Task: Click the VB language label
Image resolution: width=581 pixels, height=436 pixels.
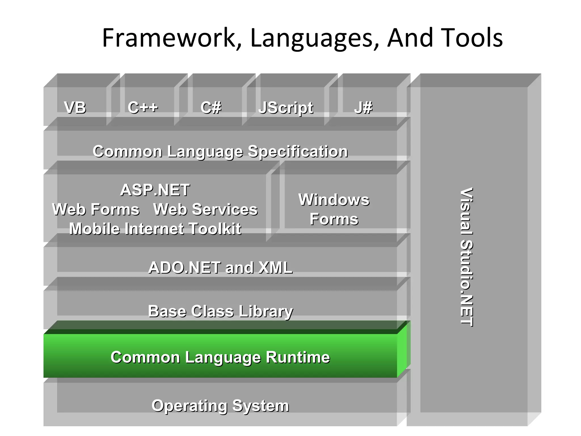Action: [75, 108]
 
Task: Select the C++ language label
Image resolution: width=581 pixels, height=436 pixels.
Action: [143, 108]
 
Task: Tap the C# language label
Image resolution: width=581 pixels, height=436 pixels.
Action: [210, 108]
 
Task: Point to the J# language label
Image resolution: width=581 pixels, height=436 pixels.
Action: [363, 108]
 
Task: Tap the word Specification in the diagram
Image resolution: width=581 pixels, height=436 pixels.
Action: [298, 151]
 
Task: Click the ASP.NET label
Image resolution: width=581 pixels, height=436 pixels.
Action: [155, 190]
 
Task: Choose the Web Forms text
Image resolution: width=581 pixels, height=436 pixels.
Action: [96, 209]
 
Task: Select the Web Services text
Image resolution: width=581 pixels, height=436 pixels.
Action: [205, 209]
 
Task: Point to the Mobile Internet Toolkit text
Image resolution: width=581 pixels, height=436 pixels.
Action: [155, 229]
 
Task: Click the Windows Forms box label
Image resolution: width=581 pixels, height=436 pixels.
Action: [334, 209]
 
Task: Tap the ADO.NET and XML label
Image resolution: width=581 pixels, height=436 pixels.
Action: [220, 268]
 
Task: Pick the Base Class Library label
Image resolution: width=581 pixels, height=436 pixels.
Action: [220, 311]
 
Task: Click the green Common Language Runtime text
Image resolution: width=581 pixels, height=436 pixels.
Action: [220, 357]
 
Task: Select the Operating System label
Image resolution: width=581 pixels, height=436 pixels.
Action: [220, 406]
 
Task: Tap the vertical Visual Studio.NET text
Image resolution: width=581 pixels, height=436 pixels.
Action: [466, 257]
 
